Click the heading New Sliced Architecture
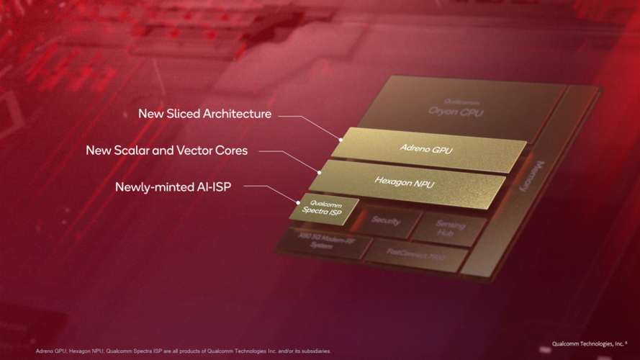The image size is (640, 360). pyautogui.click(x=205, y=114)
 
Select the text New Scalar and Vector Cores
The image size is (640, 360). pyautogui.click(x=166, y=150)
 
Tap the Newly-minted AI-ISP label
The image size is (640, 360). pyautogui.click(x=179, y=187)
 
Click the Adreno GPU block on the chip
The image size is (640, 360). pyautogui.click(x=428, y=148)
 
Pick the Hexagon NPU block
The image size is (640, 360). pyautogui.click(x=404, y=182)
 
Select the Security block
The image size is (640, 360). pyautogui.click(x=386, y=221)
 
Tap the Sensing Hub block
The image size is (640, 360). pyautogui.click(x=451, y=230)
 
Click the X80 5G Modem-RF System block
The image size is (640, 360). pyautogui.click(x=321, y=243)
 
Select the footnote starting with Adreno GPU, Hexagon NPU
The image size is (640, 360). pyautogui.click(x=184, y=351)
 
